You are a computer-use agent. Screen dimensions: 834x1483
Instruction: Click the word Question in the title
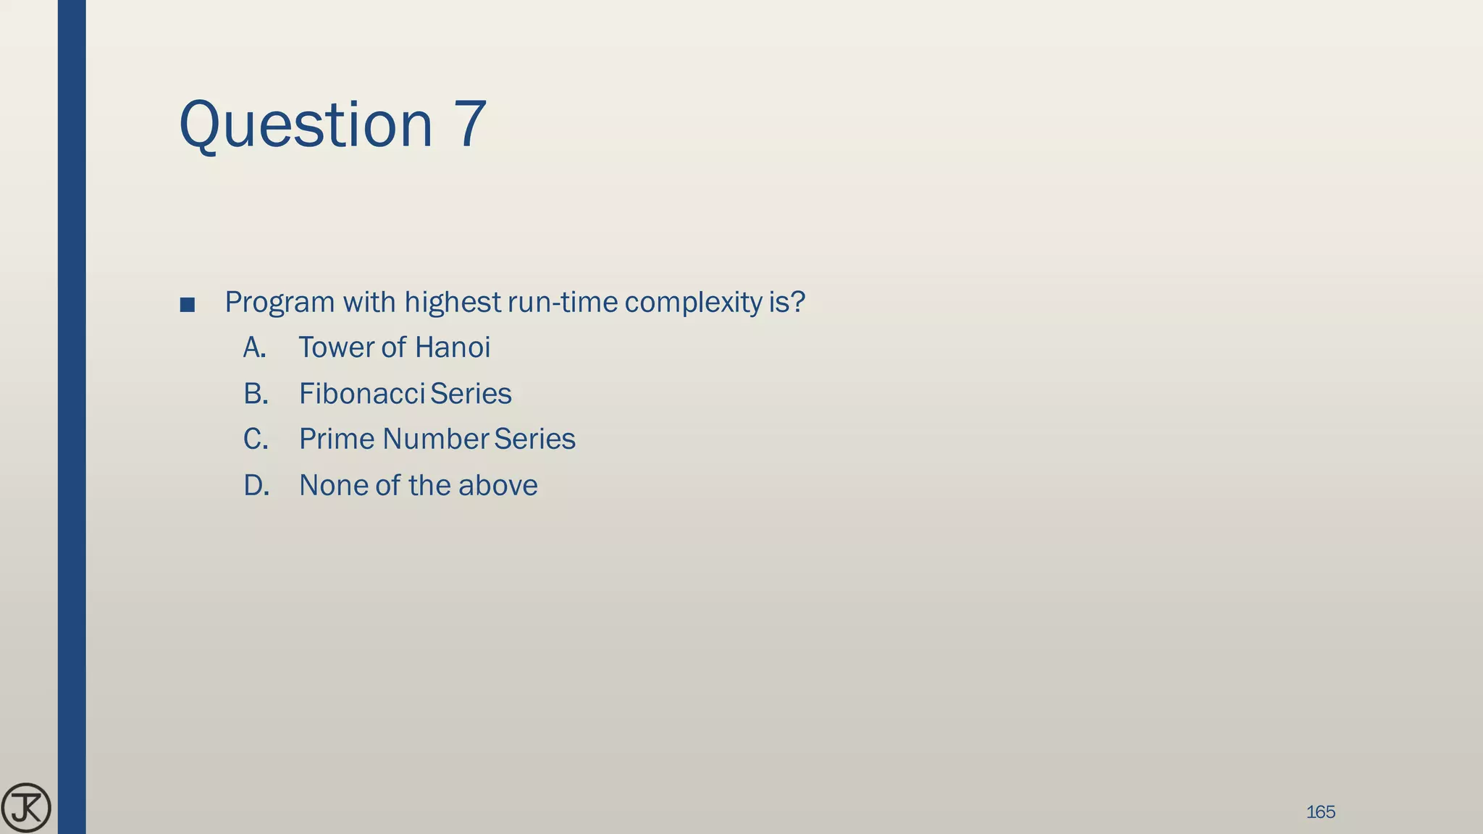[x=305, y=125]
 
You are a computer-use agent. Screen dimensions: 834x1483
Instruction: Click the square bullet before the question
[x=187, y=305]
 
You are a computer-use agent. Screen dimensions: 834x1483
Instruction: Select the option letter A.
[x=254, y=347]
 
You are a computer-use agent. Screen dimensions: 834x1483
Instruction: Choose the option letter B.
[x=256, y=394]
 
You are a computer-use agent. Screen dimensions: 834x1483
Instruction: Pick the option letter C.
[x=256, y=439]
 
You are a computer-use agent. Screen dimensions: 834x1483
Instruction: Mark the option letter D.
[x=256, y=485]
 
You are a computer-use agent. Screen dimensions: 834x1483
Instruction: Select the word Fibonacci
[x=361, y=394]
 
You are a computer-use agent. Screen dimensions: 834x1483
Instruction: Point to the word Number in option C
[x=436, y=439]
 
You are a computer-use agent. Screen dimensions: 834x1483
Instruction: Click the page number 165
[x=1320, y=812]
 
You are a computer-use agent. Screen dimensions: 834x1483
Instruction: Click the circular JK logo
[x=26, y=808]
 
